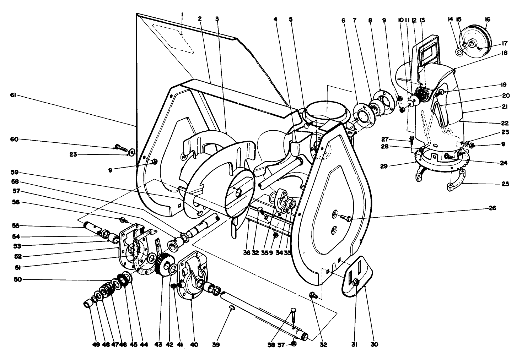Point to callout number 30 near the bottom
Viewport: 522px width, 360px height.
point(375,344)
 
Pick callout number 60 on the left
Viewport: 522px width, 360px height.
point(15,140)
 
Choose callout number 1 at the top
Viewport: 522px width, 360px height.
point(182,15)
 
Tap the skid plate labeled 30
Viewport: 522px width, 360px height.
point(357,275)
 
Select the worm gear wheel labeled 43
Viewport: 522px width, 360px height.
point(162,266)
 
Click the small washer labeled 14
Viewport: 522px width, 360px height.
point(459,53)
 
